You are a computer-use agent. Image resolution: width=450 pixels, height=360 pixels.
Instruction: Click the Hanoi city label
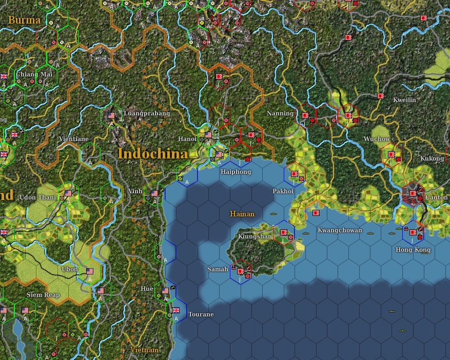[187, 139]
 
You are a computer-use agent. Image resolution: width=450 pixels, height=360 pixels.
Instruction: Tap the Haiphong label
[236, 172]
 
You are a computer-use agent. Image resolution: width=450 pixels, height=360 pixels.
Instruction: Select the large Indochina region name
[152, 153]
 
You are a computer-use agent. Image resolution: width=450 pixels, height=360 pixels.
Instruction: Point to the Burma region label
[24, 21]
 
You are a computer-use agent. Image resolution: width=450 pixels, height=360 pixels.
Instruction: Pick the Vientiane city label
[73, 139]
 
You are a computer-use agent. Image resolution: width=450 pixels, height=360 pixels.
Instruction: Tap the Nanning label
[280, 113]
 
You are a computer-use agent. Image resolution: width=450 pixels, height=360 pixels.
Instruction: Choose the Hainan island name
[242, 214]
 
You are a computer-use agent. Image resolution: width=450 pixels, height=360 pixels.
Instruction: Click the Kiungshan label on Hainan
[255, 236]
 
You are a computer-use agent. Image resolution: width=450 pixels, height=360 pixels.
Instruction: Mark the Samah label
[217, 269]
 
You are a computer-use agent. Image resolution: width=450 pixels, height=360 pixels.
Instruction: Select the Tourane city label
[200, 314]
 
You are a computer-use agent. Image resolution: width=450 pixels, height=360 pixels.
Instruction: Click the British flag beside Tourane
[176, 310]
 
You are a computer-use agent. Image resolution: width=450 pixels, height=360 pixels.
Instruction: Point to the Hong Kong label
[413, 250]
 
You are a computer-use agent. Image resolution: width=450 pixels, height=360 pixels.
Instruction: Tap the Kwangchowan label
[339, 230]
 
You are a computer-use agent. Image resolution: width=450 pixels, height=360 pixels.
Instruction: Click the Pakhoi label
[283, 191]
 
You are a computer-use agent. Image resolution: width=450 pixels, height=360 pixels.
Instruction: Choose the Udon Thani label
[37, 197]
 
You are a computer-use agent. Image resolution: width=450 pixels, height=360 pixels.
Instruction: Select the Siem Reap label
[43, 295]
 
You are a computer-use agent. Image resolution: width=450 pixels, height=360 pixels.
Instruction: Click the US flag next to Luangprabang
[112, 115]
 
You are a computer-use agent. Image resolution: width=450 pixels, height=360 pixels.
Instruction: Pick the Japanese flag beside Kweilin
[381, 96]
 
